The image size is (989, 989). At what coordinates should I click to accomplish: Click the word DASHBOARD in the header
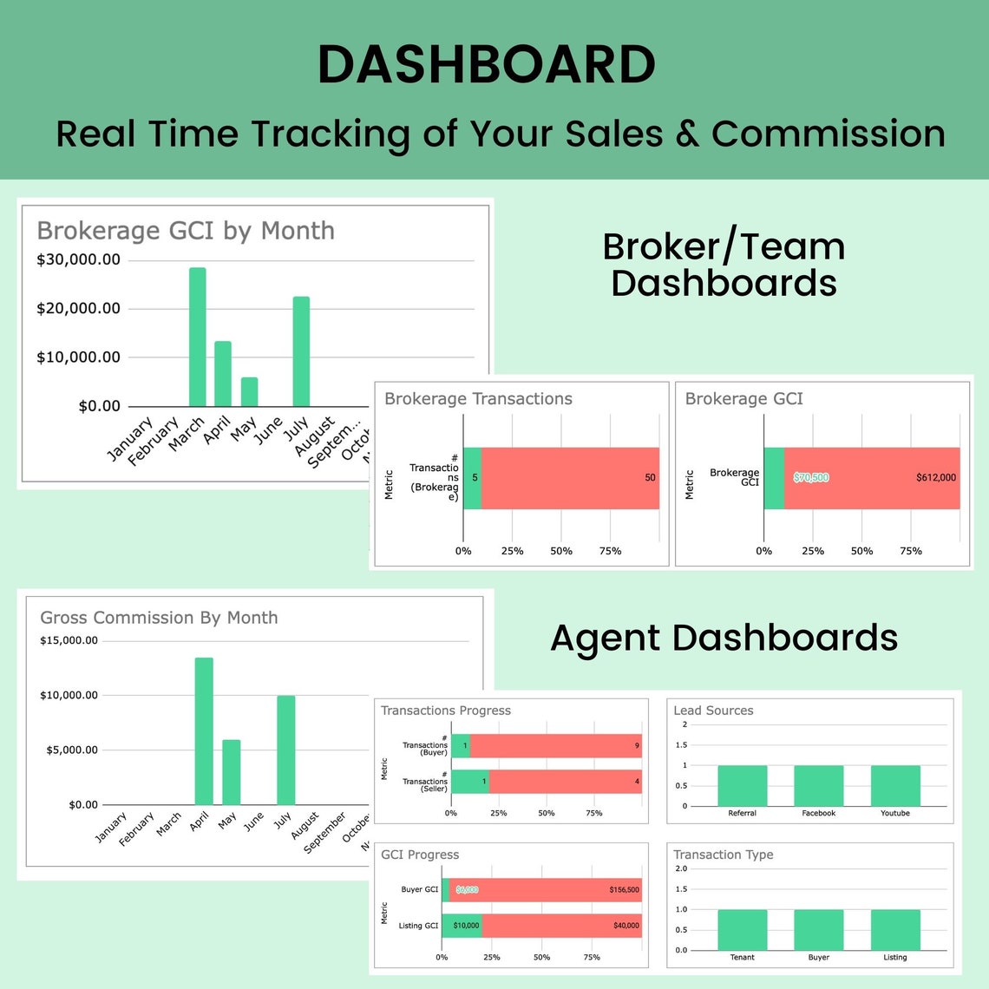pos(486,65)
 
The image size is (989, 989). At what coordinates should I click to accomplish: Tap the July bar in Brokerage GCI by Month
pos(301,351)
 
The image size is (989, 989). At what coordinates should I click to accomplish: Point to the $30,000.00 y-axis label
pos(78,260)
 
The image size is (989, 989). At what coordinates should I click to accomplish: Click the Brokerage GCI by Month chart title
pos(186,231)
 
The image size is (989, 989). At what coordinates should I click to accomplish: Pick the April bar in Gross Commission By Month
pos(204,731)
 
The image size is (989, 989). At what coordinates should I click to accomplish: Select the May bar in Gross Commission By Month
pos(231,772)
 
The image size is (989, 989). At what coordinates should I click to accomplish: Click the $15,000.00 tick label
pos(69,641)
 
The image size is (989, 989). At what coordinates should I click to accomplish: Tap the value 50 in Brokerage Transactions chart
pos(650,478)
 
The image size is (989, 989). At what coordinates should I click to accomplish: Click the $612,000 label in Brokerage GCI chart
pos(936,478)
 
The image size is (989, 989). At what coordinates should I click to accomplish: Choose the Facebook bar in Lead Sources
pos(818,786)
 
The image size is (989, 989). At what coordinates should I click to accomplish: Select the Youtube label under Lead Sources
pos(895,814)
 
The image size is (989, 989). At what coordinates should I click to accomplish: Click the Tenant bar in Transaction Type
pos(742,930)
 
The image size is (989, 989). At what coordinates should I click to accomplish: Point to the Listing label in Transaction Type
pos(895,958)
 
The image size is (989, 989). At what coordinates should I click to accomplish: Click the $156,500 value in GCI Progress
pos(624,890)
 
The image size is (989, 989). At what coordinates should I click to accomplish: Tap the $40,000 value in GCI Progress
pos(625,926)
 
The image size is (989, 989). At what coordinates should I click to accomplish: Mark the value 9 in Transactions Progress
pos(637,746)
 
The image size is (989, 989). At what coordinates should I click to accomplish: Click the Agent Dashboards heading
pos(724,639)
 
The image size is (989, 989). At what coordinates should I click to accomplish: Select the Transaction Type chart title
pos(723,855)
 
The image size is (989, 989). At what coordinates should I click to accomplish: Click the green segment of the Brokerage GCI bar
pos(774,478)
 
